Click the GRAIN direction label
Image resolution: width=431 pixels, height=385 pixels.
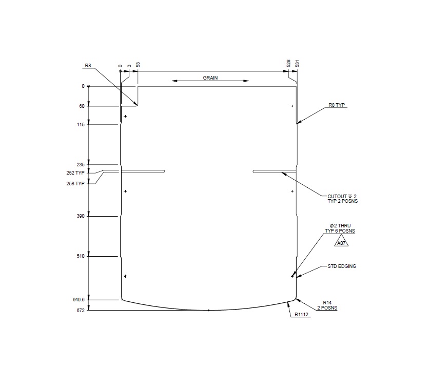[x=210, y=78]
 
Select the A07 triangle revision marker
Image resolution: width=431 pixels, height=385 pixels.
[x=341, y=242]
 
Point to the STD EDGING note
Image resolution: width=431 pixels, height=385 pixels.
[x=342, y=266]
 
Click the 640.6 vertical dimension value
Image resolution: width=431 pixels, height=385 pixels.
[x=78, y=299]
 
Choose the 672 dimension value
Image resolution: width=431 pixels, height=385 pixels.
[x=81, y=310]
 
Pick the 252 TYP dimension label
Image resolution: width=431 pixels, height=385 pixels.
[x=75, y=174]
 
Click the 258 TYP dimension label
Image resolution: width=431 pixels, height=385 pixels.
[x=75, y=183]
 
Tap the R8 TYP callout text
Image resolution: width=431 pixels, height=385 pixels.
[x=338, y=105]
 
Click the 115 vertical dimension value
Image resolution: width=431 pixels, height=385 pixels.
[x=81, y=124]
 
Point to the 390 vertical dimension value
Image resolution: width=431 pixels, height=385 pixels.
[x=81, y=216]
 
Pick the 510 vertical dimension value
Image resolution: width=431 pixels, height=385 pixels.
[x=81, y=256]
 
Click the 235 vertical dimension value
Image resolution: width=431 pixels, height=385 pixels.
[x=81, y=165]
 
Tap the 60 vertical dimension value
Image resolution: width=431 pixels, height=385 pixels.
[x=82, y=106]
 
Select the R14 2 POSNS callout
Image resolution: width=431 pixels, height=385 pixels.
[x=327, y=305]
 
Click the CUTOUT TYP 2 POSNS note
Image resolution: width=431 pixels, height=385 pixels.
[x=342, y=198]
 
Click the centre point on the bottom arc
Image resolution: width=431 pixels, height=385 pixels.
[x=209, y=311]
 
